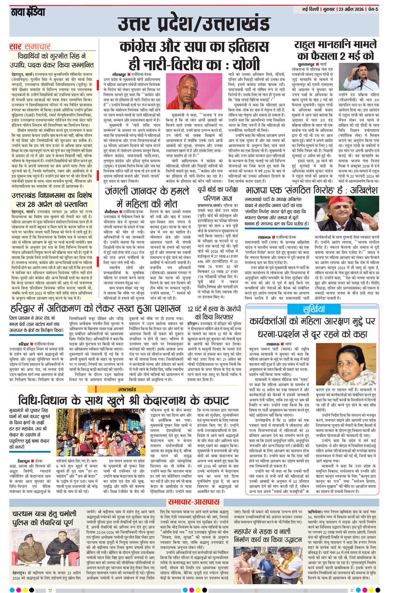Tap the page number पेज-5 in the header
[x=373, y=9]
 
